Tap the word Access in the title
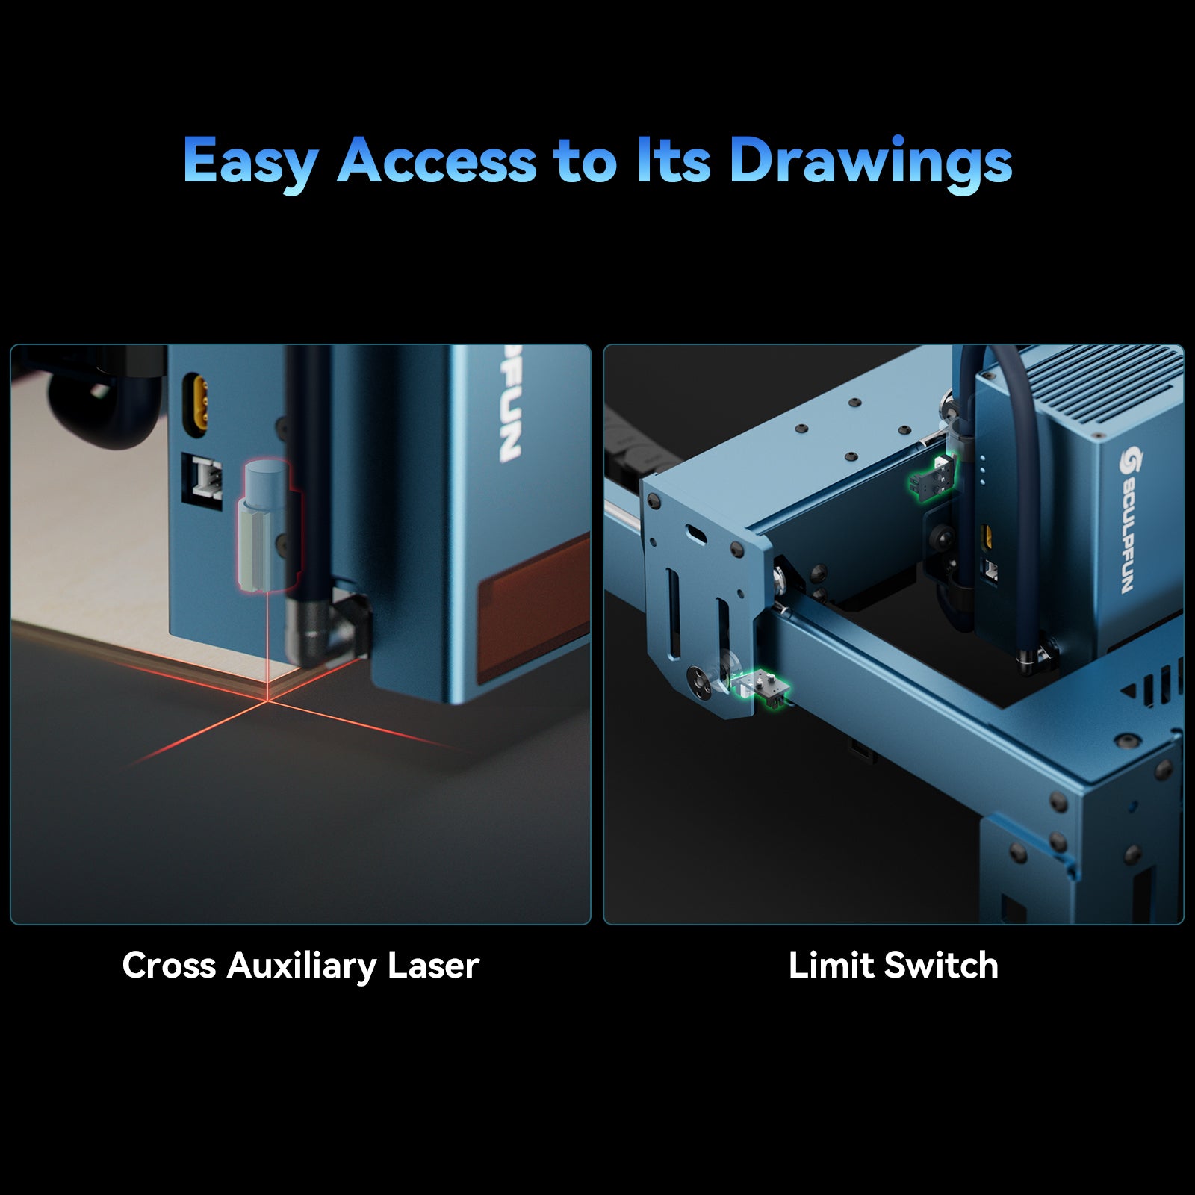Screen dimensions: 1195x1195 (437, 160)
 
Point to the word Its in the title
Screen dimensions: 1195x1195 (673, 160)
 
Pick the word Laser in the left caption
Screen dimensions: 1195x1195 (433, 965)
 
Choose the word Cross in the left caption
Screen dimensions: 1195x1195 (169, 965)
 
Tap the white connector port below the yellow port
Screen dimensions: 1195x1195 (203, 481)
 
